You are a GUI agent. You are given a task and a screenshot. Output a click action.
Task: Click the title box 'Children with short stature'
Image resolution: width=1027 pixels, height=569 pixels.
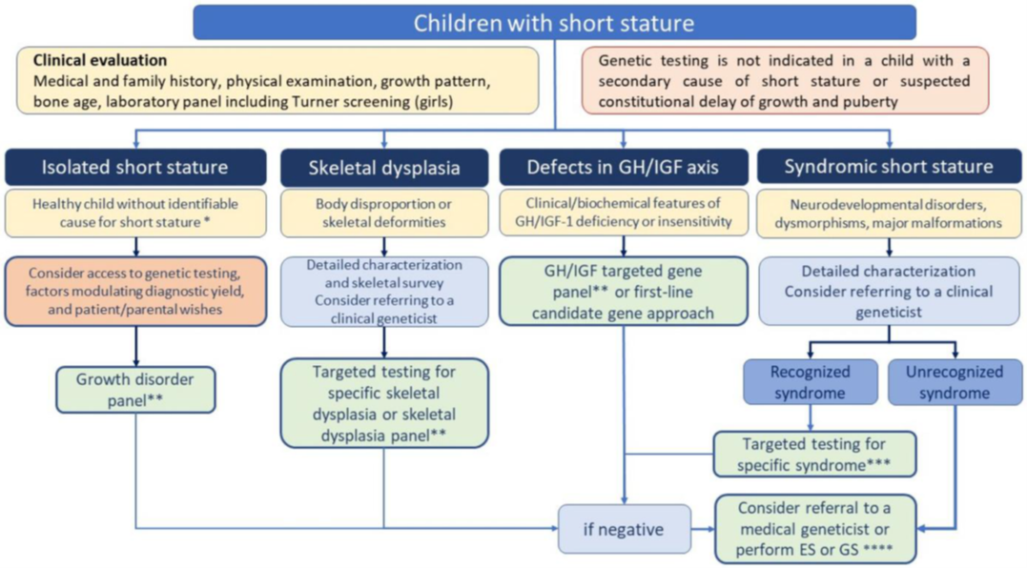pyautogui.click(x=554, y=22)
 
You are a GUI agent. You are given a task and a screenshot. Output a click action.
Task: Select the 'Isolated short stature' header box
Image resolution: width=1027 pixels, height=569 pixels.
pyautogui.click(x=134, y=168)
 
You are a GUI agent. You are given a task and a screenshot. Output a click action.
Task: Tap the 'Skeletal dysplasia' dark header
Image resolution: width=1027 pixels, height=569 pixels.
pyautogui.click(x=384, y=168)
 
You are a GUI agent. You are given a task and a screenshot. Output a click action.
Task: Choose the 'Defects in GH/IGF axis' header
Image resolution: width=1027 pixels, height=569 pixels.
pyautogui.click(x=623, y=168)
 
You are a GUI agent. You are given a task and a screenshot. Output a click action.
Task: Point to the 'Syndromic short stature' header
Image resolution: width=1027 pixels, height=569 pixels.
pyautogui.click(x=888, y=168)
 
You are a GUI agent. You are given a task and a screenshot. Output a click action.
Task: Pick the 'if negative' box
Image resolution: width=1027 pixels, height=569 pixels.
pyautogui.click(x=623, y=527)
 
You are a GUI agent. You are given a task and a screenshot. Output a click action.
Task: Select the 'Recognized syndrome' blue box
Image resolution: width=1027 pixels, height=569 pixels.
pyautogui.click(x=810, y=381)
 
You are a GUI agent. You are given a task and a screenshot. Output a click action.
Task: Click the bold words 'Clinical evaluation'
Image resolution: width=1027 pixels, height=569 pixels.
pyautogui.click(x=99, y=61)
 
